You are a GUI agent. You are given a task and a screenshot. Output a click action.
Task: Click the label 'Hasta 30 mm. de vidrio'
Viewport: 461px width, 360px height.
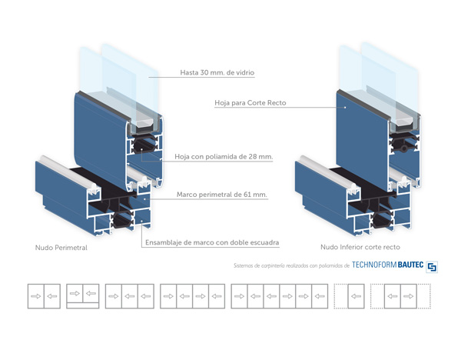217,73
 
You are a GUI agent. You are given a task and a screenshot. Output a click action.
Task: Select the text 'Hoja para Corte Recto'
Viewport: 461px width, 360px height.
250,102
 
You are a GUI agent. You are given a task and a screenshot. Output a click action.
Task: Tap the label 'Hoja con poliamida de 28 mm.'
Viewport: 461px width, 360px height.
224,157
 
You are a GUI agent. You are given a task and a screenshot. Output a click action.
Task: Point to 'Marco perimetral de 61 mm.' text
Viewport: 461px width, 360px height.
222,195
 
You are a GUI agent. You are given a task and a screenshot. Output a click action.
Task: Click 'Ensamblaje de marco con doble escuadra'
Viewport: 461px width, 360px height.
211,242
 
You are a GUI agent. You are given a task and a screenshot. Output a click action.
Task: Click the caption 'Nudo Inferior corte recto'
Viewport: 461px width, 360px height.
360,248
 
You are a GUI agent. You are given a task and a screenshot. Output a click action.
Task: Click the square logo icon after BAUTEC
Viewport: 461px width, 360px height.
432,265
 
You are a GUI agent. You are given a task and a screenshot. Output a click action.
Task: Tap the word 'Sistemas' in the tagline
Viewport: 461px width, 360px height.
244,266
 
